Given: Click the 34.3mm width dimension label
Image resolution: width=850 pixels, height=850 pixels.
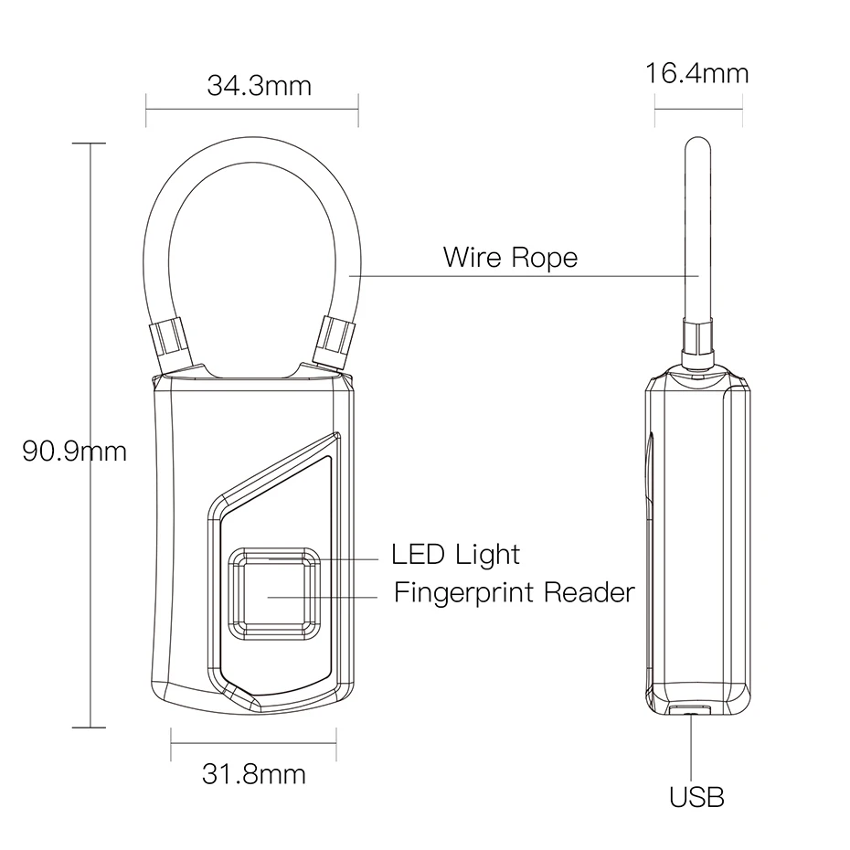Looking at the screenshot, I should tap(259, 85).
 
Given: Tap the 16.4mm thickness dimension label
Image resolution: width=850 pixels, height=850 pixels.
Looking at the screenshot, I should tap(696, 73).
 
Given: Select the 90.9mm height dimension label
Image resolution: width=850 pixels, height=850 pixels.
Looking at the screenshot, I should tap(74, 451).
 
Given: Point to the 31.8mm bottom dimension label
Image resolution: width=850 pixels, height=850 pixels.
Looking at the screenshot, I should tap(253, 775).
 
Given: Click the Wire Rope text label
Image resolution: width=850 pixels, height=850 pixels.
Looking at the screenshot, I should tap(510, 257).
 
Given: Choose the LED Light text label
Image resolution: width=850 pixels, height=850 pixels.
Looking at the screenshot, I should tap(455, 554).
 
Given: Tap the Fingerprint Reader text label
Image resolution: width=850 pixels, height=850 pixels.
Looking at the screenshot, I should tap(514, 592).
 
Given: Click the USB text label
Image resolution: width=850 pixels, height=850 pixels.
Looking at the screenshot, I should tap(696, 797).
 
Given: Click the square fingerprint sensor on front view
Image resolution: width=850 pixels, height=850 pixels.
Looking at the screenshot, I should tap(275, 594).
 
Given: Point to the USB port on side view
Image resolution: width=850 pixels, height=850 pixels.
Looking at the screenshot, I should tap(690, 709).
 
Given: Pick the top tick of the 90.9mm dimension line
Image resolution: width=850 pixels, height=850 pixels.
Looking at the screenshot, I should tap(89, 143).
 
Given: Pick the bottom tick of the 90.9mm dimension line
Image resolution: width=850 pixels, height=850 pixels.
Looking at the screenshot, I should tap(89, 728).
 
